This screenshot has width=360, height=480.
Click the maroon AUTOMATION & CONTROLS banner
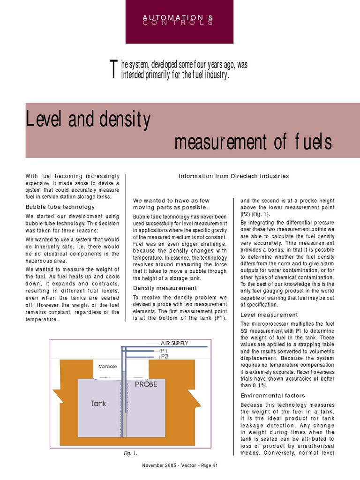[179, 21]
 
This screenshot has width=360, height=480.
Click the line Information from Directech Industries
[234, 176]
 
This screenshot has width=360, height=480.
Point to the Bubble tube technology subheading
[60, 207]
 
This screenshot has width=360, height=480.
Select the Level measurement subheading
[269, 315]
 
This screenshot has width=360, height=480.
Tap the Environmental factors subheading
[272, 396]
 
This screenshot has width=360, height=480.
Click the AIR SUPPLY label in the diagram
[174, 343]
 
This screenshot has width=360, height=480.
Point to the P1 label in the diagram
[164, 350]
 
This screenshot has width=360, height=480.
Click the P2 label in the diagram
[164, 357]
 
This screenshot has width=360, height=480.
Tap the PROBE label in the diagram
[146, 384]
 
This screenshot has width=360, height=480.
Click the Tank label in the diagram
[98, 403]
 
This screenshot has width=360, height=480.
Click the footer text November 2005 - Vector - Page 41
[180, 465]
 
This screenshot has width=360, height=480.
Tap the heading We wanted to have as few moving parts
[171, 203]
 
